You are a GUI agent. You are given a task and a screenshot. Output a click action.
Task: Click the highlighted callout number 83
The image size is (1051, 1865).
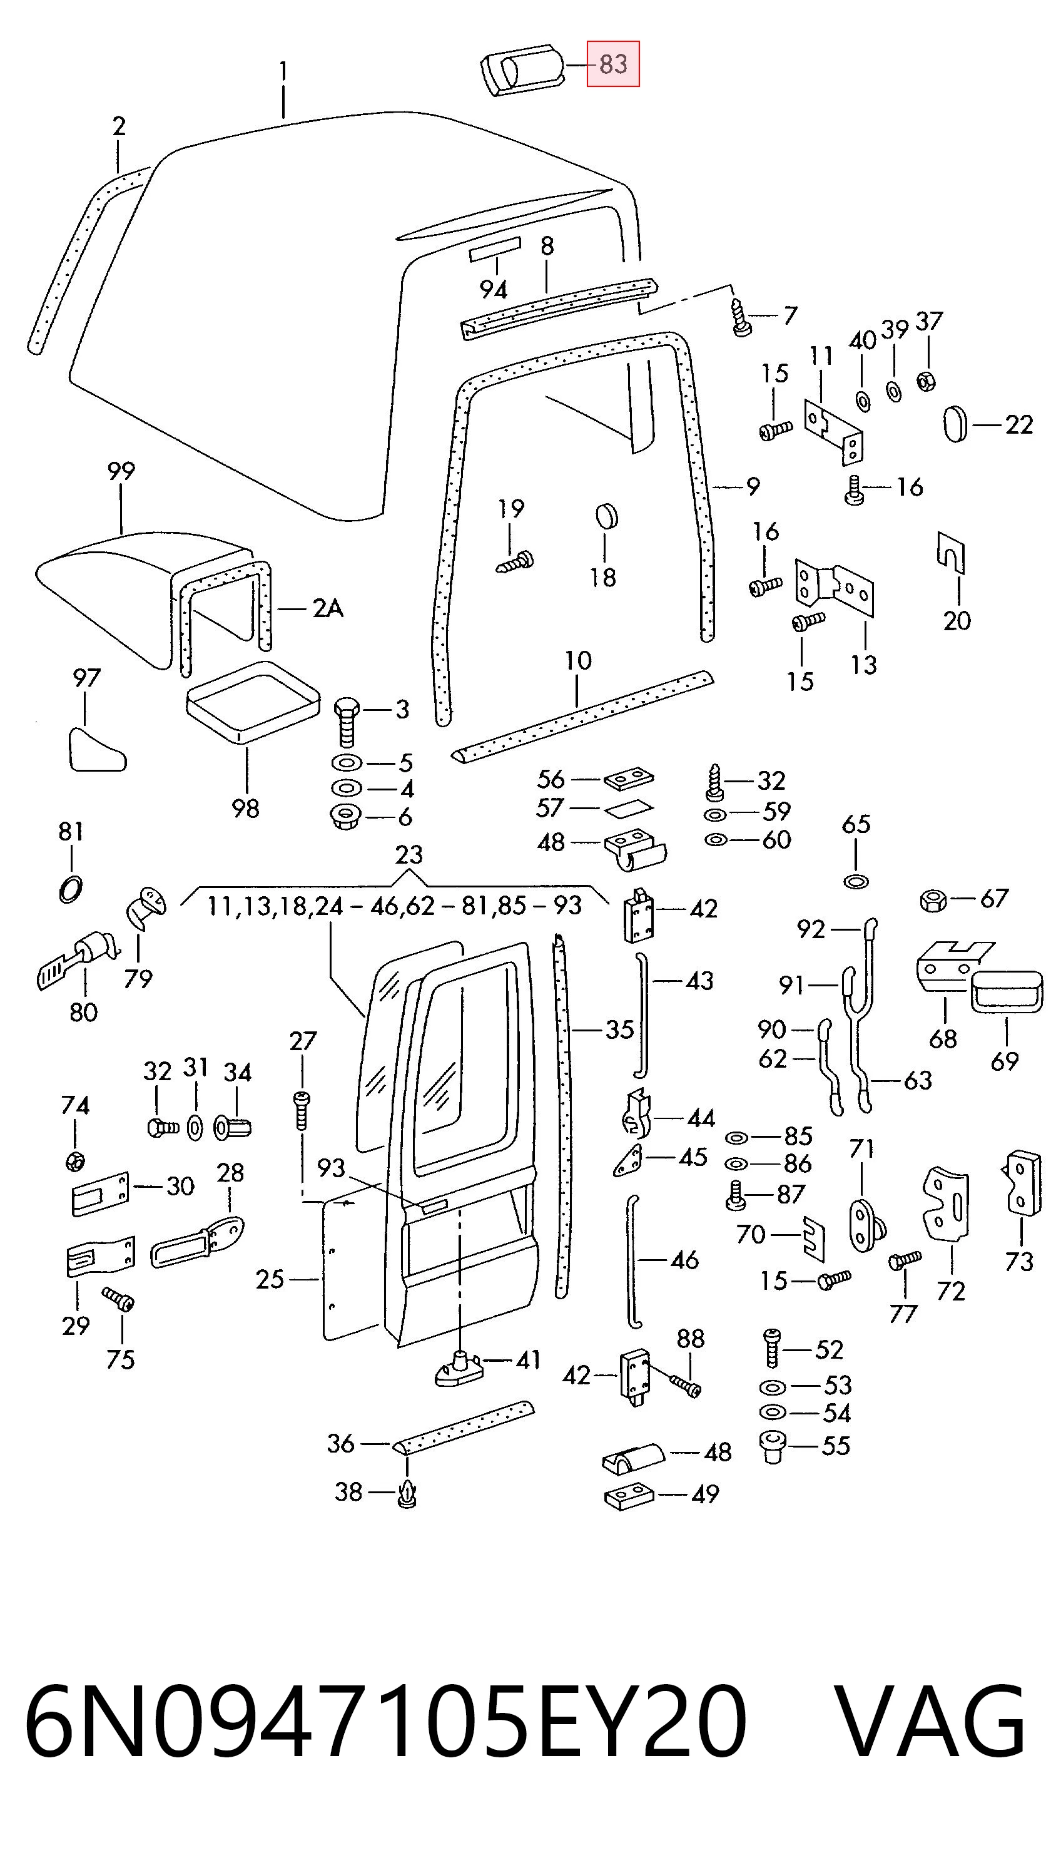tap(613, 64)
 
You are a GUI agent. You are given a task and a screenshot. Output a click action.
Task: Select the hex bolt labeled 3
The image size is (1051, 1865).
tap(347, 722)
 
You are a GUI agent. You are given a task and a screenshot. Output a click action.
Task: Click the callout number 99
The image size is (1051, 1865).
tap(121, 471)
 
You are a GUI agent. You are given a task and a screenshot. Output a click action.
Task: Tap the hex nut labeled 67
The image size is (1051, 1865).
tap(933, 901)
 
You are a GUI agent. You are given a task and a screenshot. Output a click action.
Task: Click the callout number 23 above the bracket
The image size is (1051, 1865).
tap(409, 855)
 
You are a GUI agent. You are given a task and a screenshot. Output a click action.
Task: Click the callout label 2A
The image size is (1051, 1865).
tap(327, 609)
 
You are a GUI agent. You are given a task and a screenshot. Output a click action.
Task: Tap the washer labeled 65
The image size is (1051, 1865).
tap(856, 881)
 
